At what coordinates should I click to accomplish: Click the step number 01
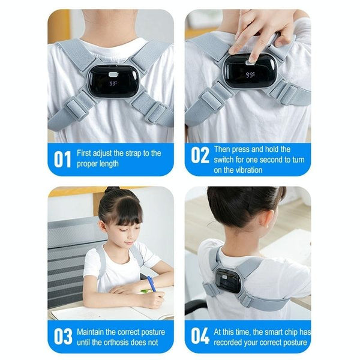coord(62,159)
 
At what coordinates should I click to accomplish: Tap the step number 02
coord(200,155)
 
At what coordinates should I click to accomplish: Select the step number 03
coord(63,337)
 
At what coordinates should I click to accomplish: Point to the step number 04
coord(200,336)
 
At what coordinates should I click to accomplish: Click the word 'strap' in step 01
coord(133,154)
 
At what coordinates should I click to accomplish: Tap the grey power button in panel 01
coord(113,74)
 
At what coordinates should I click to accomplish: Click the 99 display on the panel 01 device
coord(113,83)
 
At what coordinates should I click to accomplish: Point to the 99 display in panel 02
coord(250,75)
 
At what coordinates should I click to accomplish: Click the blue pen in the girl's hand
coord(152,284)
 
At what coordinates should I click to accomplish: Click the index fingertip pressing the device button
coord(252,61)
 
